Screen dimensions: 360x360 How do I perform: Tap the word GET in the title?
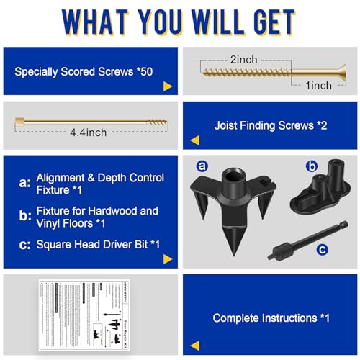[x=264, y=23]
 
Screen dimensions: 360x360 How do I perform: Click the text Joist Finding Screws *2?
[x=271, y=125]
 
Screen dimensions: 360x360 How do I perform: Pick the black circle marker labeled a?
[x=202, y=166]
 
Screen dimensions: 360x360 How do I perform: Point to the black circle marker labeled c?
[x=323, y=249]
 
